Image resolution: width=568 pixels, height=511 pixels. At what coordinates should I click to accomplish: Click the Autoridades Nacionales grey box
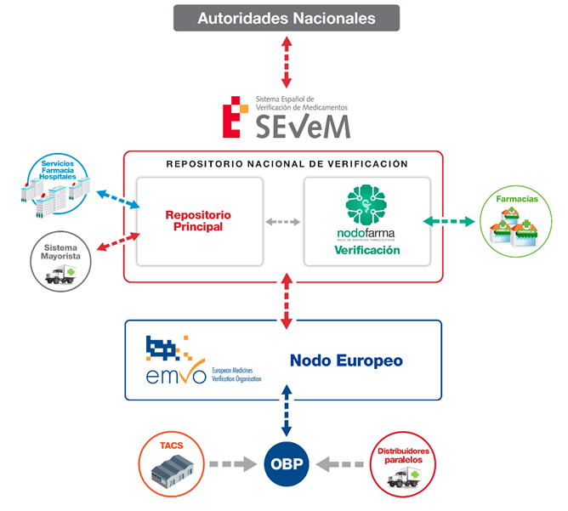(287, 18)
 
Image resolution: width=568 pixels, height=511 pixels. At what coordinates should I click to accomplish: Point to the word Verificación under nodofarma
(366, 251)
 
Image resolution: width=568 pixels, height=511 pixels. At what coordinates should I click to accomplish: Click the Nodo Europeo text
(346, 361)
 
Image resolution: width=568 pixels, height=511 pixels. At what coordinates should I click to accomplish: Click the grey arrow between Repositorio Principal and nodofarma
(283, 222)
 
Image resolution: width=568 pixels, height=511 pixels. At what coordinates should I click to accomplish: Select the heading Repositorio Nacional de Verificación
(287, 163)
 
